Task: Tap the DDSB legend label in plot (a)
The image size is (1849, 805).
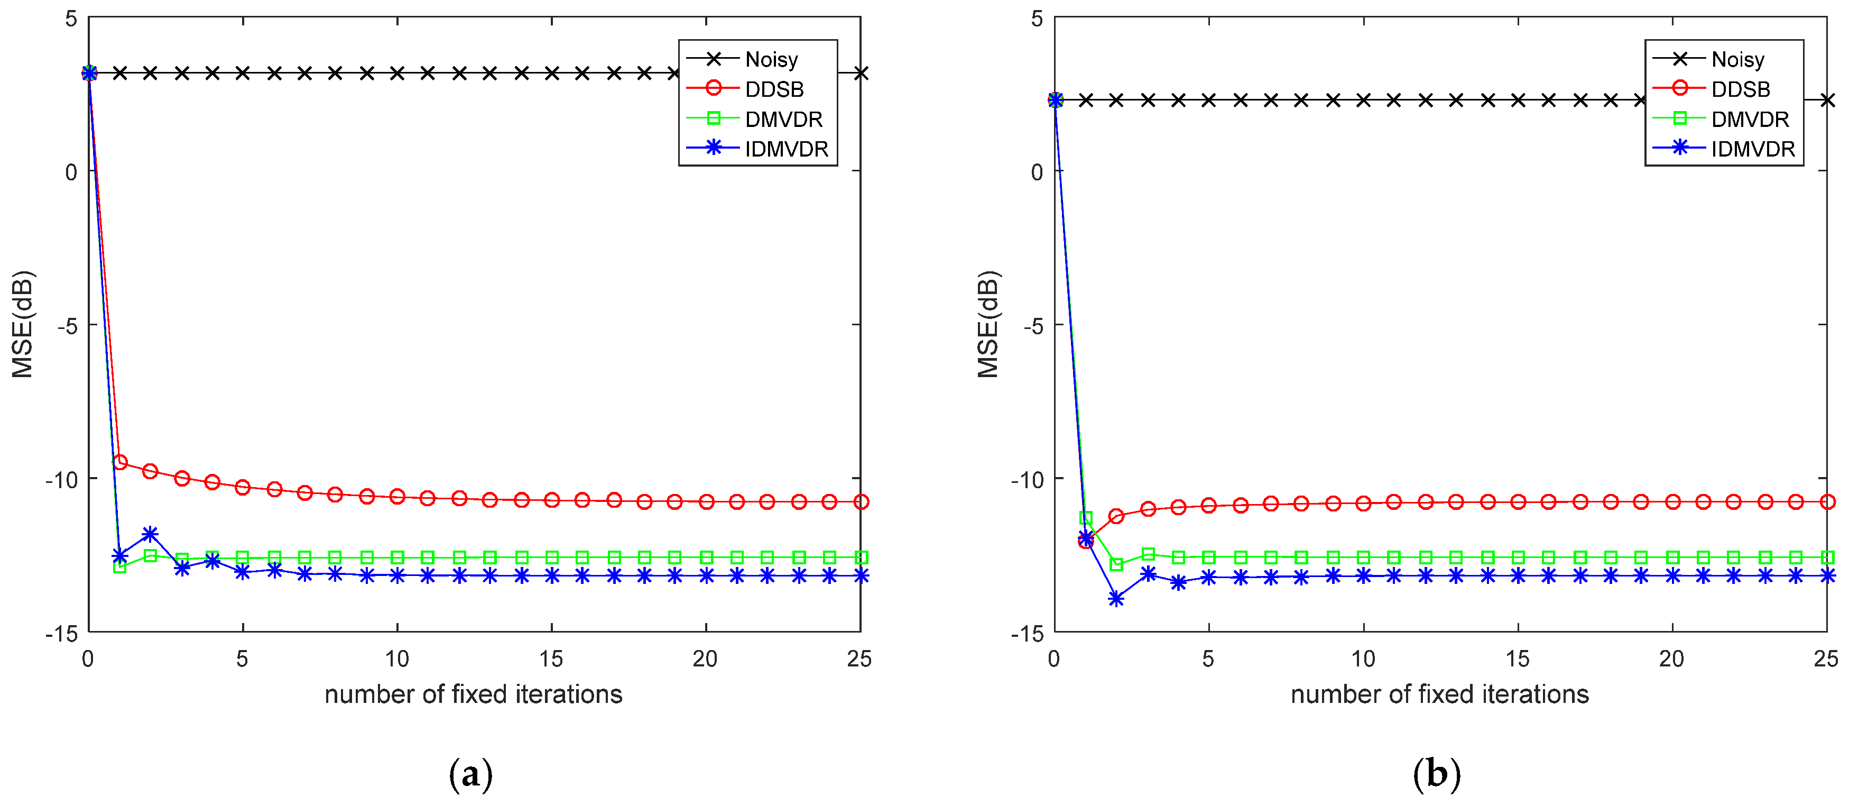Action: pyautogui.click(x=774, y=89)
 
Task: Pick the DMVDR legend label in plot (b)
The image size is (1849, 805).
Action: pyautogui.click(x=1749, y=119)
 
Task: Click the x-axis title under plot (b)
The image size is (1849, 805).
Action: pyautogui.click(x=1439, y=694)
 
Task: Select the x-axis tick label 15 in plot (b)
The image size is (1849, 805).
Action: pyautogui.click(x=1518, y=658)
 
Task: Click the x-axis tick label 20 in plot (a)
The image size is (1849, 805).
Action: pyautogui.click(x=705, y=658)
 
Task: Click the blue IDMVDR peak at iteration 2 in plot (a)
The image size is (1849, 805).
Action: pyautogui.click(x=150, y=534)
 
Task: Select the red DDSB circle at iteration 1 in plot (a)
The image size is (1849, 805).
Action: pyautogui.click(x=120, y=462)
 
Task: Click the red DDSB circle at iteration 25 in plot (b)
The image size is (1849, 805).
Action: pyautogui.click(x=1827, y=502)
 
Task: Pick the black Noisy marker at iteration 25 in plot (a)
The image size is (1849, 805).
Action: pyautogui.click(x=861, y=73)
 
